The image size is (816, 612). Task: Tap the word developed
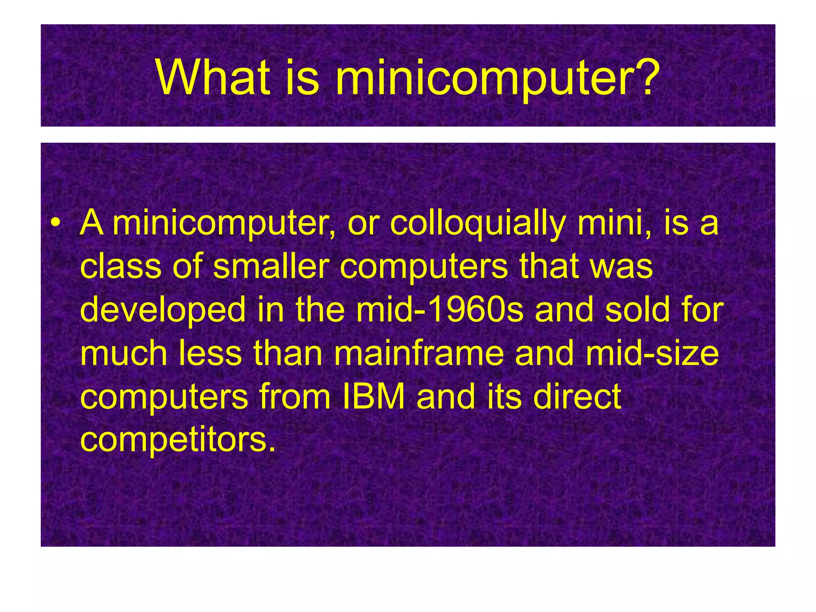pos(163,311)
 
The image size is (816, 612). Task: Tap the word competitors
pos(178,440)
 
